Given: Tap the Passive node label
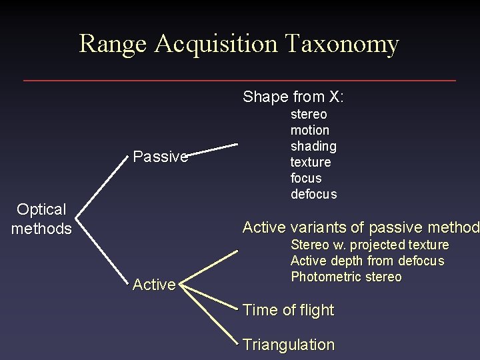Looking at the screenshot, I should pos(161,157).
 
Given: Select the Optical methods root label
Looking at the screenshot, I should pos(41,219).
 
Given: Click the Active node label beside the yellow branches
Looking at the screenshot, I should pos(154,285).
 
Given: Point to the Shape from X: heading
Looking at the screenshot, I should pos(293,97).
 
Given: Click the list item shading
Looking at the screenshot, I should pos(313,146).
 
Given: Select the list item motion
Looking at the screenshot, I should pos(310,130).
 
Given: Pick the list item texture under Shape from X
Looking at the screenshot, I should pos(311,162).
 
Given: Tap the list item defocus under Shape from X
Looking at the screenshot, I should pos(313,195).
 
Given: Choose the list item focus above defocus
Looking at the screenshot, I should pos(306,179).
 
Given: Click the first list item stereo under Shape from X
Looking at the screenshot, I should pos(309,115).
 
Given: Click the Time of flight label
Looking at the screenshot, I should pos(289,310).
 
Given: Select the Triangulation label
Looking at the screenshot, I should pos(289,345).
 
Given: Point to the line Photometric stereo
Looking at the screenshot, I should pos(346,277).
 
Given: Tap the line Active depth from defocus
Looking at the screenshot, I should pos(367,261).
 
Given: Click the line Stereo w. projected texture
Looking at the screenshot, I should pos(370,245).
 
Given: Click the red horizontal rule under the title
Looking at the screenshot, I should pos(240,81).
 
